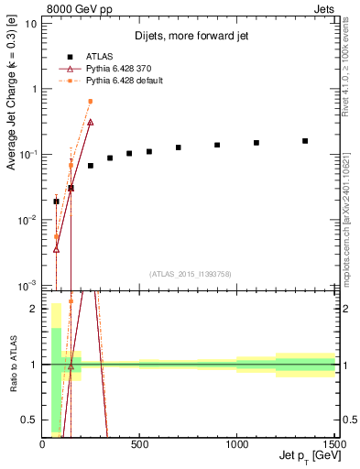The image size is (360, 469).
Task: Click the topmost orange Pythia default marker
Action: coord(90,102)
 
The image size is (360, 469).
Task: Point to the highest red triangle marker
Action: coord(90,122)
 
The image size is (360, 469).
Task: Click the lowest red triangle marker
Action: coord(56,248)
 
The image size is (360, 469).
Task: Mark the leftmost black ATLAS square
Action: coord(56,202)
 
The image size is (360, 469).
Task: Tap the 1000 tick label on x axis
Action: coord(236,445)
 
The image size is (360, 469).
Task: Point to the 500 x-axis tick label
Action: coord(139,445)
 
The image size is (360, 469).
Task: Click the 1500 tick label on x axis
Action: coord(332,445)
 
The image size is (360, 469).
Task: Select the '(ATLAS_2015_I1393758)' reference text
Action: coord(190,274)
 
